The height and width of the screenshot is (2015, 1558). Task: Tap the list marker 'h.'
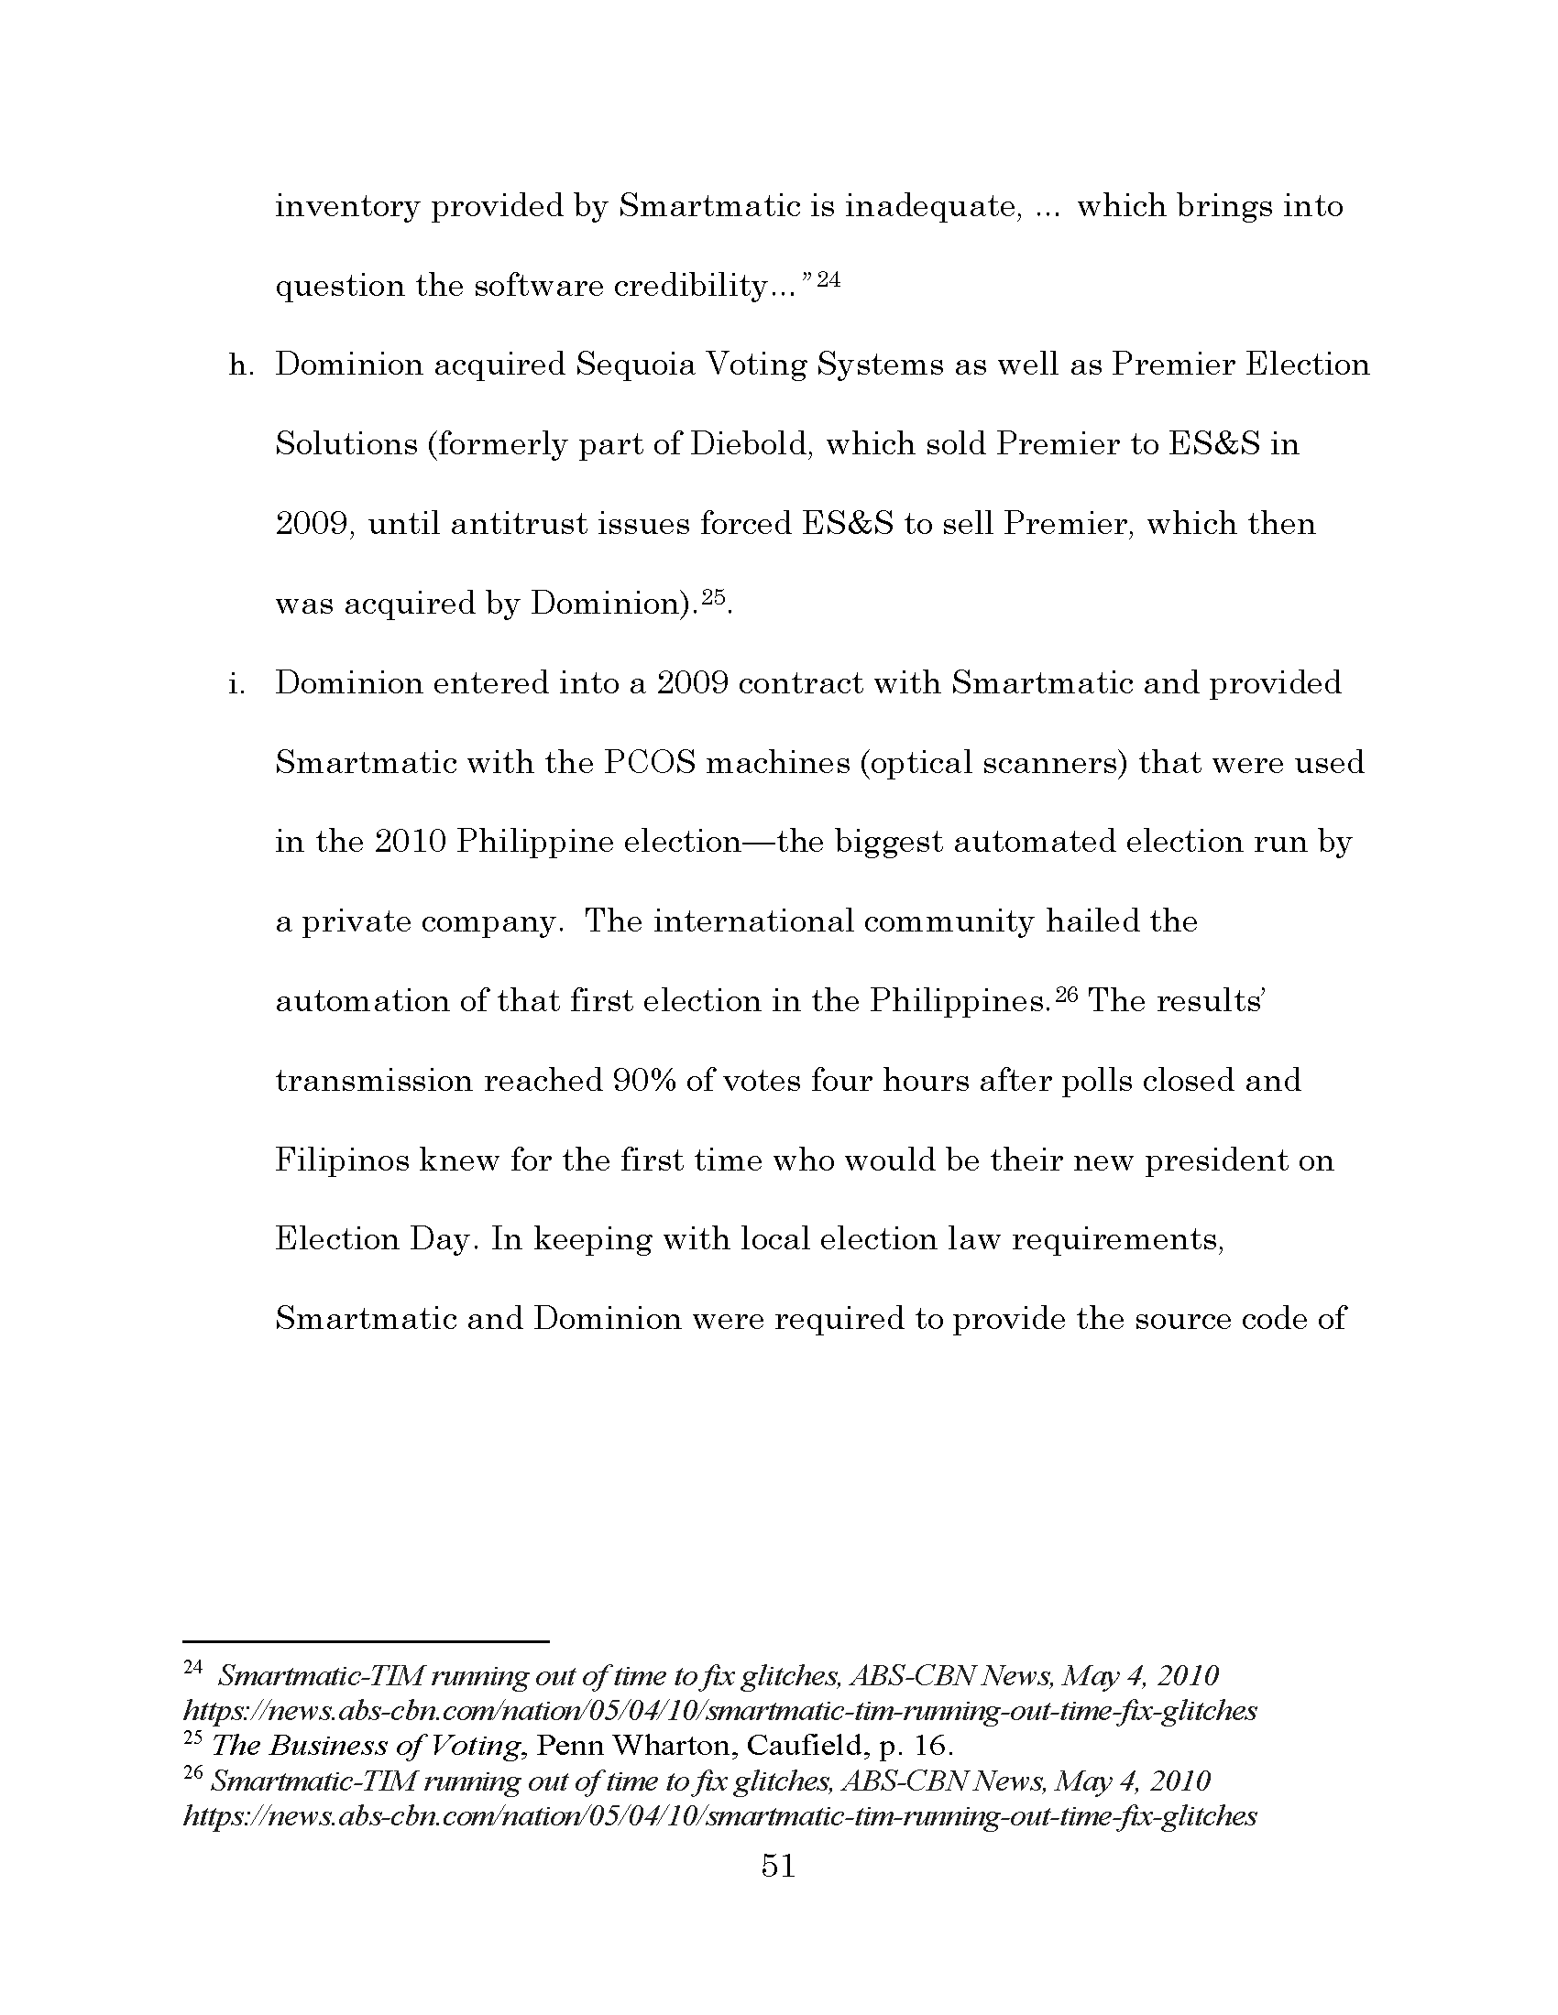[x=240, y=365]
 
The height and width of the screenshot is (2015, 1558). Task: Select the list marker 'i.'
[x=236, y=683]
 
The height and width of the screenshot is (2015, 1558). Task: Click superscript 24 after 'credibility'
[x=828, y=279]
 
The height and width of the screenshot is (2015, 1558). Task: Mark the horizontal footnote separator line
[x=367, y=1641]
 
